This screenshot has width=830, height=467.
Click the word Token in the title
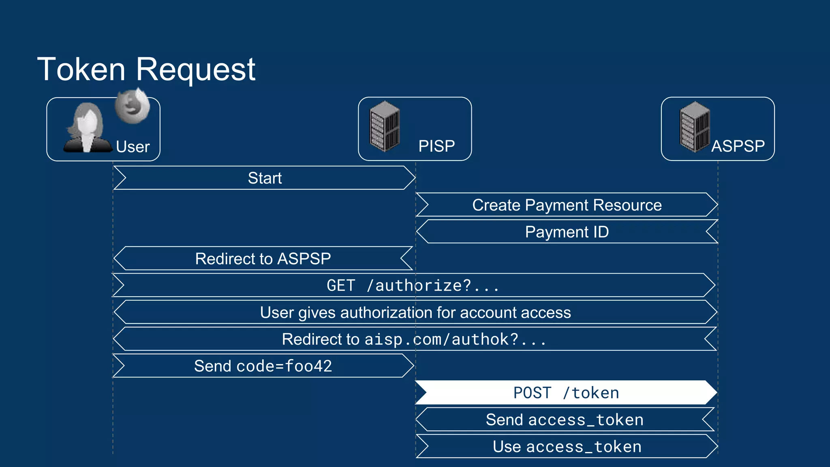[81, 70]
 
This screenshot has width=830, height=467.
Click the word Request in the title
[195, 70]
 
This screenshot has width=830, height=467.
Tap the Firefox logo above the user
[132, 106]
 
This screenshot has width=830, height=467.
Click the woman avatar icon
[87, 128]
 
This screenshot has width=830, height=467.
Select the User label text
[133, 147]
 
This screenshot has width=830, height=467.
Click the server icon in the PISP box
[385, 126]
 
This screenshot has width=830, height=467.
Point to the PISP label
[436, 146]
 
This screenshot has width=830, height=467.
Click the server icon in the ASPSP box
[695, 126]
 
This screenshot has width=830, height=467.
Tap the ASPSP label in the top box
[738, 146]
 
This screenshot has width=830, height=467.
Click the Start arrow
[265, 178]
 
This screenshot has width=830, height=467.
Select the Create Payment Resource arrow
[567, 205]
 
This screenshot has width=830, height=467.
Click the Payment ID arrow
[567, 232]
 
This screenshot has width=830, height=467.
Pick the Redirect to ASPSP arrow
[263, 259]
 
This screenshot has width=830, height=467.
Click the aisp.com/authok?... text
[455, 339]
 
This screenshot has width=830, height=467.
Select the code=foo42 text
[284, 366]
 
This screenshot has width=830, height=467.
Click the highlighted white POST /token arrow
[566, 393]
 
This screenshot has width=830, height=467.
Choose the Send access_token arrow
[565, 420]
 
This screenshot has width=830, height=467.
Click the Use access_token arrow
[567, 447]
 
